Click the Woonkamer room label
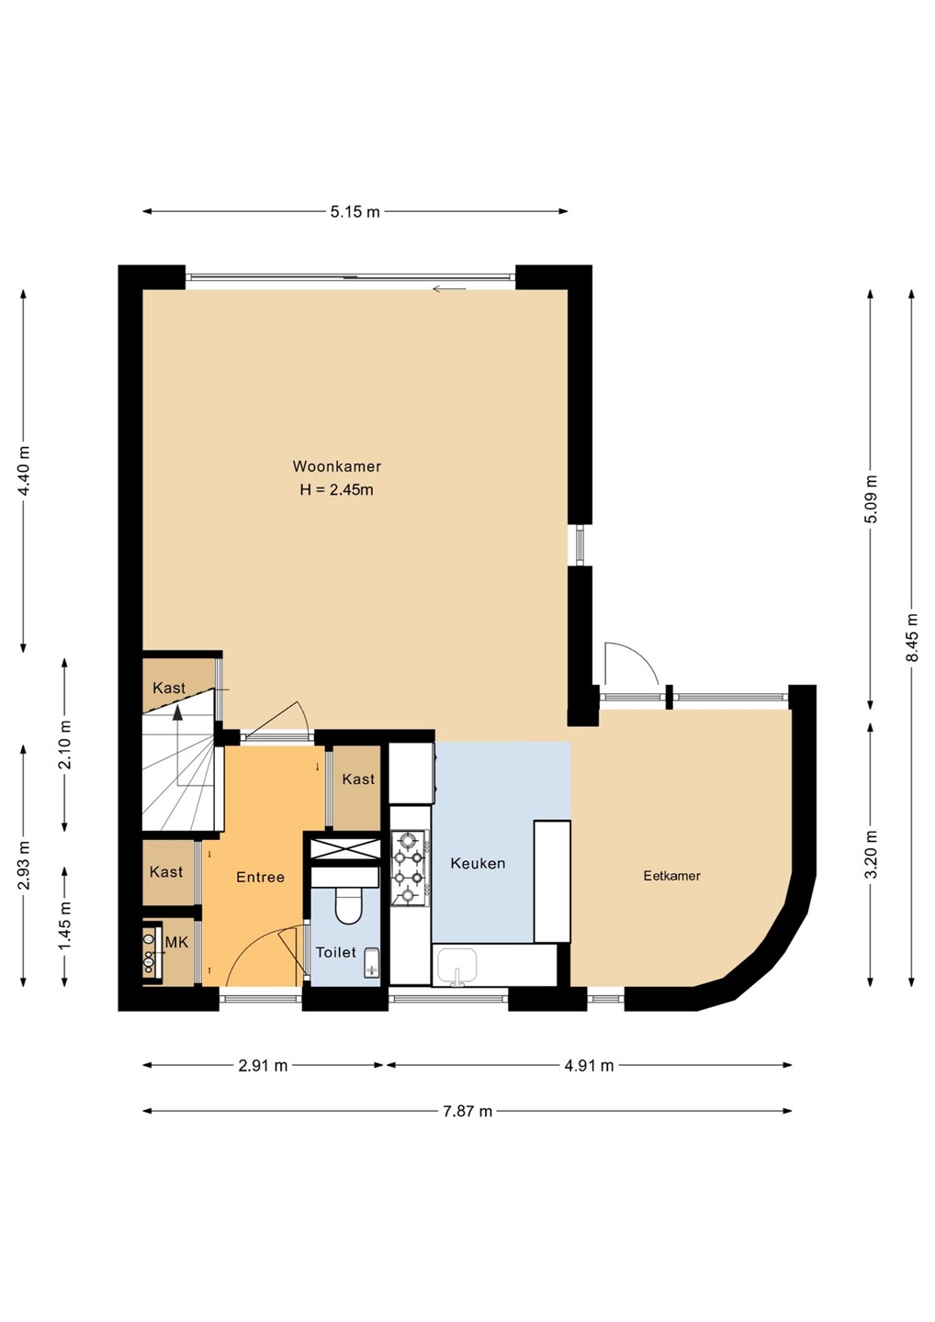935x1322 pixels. pos(336,466)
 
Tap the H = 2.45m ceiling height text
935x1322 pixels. pos(336,490)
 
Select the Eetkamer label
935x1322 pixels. pos(671,876)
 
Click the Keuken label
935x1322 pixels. pos(478,863)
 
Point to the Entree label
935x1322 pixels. pos(260,878)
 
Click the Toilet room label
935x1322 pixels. pos(336,953)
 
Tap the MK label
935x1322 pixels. pos(176,943)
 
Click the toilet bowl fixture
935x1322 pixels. pos(348,906)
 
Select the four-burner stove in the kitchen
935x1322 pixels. pos(411,868)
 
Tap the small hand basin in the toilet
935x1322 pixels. pos(371,963)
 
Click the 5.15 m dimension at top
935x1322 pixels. pos(355,212)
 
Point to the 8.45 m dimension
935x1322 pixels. pos(913,638)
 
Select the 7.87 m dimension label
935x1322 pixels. pos(467,1111)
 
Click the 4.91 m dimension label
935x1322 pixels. pos(589,1065)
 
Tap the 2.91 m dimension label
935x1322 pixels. pos(263,1065)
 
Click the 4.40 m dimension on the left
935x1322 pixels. pos(24,471)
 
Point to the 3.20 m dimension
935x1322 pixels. pos(872,854)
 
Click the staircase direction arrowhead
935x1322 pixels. pos(176,714)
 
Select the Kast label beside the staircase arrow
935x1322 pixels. pos(169,689)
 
